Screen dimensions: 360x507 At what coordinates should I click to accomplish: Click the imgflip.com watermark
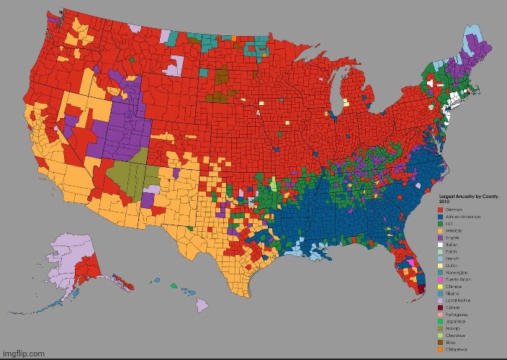coord(24,354)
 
